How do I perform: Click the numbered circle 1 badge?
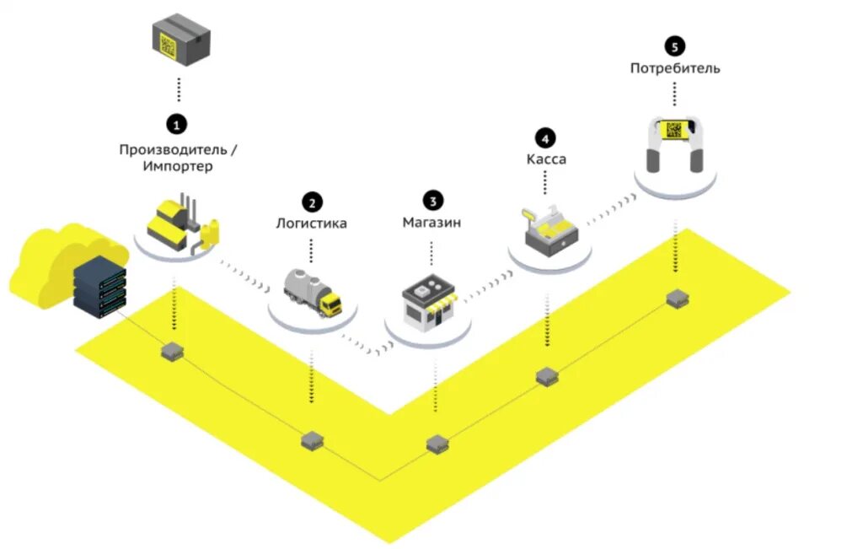pyautogui.click(x=176, y=125)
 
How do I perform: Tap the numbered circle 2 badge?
pyautogui.click(x=312, y=202)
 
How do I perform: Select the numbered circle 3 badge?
pyautogui.click(x=432, y=201)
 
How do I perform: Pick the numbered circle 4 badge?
pyautogui.click(x=545, y=137)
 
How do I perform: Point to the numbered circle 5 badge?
pyautogui.click(x=674, y=46)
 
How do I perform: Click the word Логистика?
pyautogui.click(x=312, y=224)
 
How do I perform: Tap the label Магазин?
pyautogui.click(x=431, y=223)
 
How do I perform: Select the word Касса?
pyautogui.click(x=546, y=159)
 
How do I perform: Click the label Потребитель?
pyautogui.click(x=675, y=68)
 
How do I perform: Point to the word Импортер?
pyautogui.click(x=177, y=167)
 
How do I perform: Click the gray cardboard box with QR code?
pyautogui.click(x=180, y=39)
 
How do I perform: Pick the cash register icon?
pyautogui.click(x=547, y=228)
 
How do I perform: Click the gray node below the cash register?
pyautogui.click(x=548, y=377)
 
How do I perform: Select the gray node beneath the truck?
pyautogui.click(x=313, y=439)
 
